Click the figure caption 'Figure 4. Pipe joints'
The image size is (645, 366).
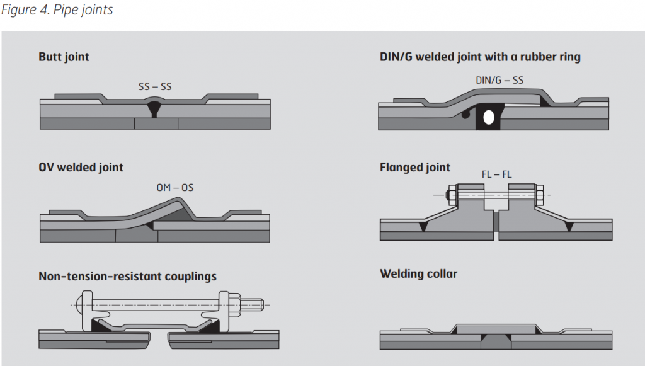tap(57, 10)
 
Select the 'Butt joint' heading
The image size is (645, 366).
tap(64, 57)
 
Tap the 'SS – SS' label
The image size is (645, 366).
tap(155, 86)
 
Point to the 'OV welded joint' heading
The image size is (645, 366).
tap(81, 167)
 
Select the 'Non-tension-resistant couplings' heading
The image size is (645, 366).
tap(127, 276)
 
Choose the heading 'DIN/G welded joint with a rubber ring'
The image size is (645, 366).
tap(480, 57)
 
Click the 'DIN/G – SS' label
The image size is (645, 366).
tap(499, 80)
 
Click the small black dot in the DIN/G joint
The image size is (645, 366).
tap(465, 115)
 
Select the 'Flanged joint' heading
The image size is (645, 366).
tap(415, 167)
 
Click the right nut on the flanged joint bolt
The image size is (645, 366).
tap(540, 195)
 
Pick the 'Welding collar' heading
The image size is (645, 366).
tap(418, 273)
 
